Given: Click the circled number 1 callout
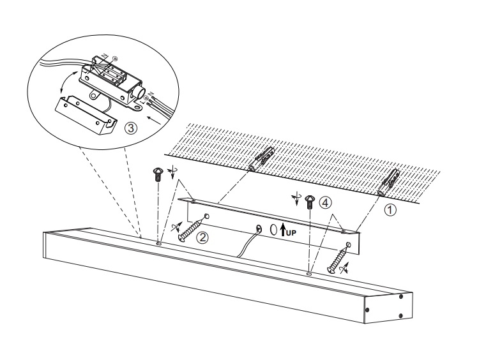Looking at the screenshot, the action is (x=390, y=210).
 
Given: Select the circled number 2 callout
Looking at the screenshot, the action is (x=202, y=237).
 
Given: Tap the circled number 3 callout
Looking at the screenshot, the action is (x=131, y=128).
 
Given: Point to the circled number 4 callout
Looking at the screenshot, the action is (x=325, y=203).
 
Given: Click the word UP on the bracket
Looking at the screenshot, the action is (x=291, y=233).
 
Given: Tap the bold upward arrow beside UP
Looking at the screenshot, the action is (x=283, y=230).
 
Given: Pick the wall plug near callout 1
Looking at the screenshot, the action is (x=388, y=183).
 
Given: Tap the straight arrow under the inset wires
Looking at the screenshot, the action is (x=154, y=120).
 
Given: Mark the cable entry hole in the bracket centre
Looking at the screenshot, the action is (x=259, y=228).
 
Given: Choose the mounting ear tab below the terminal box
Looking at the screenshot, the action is (x=95, y=95).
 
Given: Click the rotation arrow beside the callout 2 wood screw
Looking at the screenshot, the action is (x=176, y=227).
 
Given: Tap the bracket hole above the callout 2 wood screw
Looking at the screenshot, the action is (x=206, y=216).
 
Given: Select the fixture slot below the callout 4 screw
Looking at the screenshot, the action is (x=309, y=274).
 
